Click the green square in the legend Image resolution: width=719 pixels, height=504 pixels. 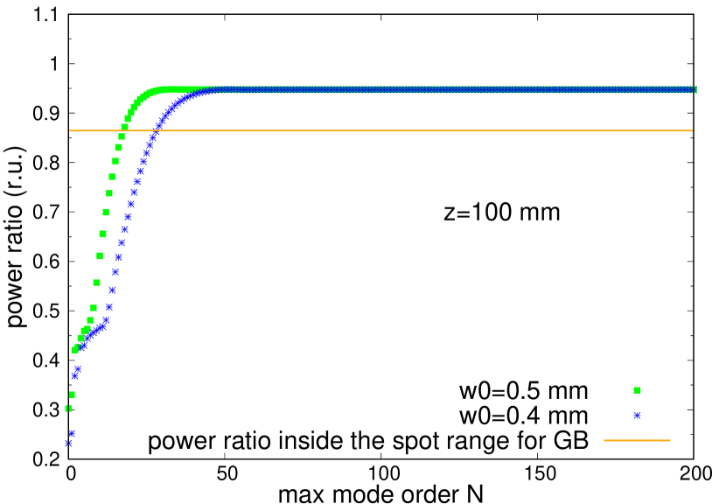[637, 390]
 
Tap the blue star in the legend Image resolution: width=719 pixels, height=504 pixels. [637, 416]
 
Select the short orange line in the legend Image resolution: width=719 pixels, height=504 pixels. [637, 440]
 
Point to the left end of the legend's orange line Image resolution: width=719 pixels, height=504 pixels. [604, 440]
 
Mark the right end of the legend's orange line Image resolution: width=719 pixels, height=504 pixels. [670, 440]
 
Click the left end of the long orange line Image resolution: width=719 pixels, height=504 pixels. [70, 130]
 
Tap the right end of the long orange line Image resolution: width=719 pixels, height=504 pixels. [692, 130]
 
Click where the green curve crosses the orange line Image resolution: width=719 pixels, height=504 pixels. [123, 130]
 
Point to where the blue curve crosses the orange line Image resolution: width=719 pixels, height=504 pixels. [157, 130]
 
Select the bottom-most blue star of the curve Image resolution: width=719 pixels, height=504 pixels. [68, 443]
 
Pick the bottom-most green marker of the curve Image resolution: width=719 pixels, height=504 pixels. [68, 408]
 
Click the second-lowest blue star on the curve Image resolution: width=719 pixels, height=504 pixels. [72, 433]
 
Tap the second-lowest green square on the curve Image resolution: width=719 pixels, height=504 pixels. [72, 395]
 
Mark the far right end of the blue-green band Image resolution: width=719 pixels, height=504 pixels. [695, 89]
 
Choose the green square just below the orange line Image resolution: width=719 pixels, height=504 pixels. [122, 136]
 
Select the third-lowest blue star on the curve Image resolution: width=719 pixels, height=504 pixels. [74, 376]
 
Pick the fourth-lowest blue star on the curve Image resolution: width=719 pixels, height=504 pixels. [78, 369]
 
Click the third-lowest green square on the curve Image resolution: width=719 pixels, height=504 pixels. [74, 350]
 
